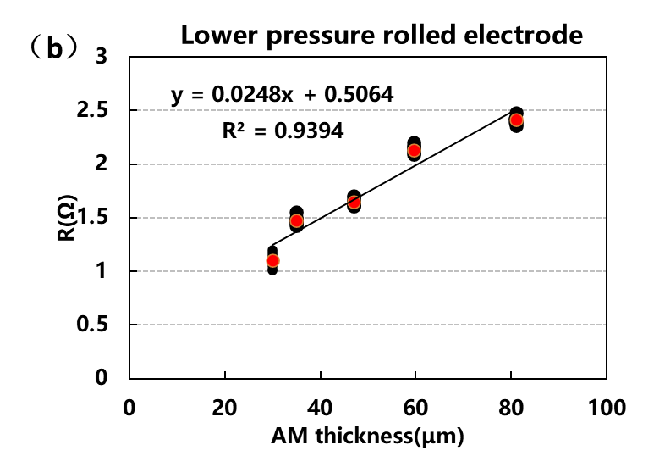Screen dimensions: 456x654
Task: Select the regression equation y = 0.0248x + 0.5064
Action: (x=283, y=94)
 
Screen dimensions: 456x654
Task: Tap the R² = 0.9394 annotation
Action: (x=283, y=130)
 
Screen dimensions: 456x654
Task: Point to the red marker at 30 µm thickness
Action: (x=272, y=261)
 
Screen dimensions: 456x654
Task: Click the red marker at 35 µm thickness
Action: (x=296, y=221)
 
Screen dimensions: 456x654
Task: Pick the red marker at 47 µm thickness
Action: (x=354, y=202)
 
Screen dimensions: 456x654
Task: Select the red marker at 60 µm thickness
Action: (x=414, y=151)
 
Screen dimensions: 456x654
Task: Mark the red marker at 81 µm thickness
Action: (x=516, y=120)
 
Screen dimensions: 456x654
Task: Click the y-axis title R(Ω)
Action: (x=66, y=217)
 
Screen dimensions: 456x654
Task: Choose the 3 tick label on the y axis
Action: (x=102, y=57)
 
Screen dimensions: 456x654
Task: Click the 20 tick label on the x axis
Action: (x=223, y=408)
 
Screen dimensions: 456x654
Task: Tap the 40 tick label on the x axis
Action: (x=320, y=408)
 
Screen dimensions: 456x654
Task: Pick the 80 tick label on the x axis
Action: (x=511, y=408)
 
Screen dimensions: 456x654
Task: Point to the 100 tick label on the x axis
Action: (x=607, y=408)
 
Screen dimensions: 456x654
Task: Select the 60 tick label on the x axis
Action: (x=415, y=408)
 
